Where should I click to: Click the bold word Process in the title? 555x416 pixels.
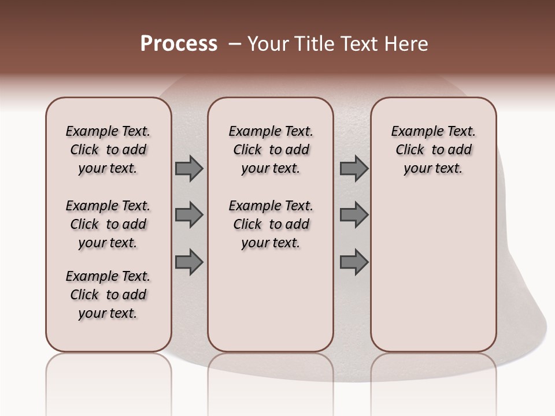[x=179, y=44]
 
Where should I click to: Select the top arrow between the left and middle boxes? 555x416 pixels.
[x=189, y=169]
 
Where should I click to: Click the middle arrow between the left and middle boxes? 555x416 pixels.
[x=189, y=215]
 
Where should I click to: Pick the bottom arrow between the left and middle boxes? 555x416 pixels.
[x=189, y=262]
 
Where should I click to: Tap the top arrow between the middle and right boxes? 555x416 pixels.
[x=354, y=169]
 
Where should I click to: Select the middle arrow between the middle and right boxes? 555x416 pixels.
[x=354, y=215]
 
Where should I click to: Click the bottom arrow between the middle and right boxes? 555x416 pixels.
[x=354, y=262]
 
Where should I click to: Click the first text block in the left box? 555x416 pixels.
[x=108, y=150]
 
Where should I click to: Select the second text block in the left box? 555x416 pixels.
[x=108, y=224]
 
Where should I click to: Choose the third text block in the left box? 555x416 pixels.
[x=108, y=295]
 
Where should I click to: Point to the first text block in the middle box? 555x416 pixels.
[x=271, y=150]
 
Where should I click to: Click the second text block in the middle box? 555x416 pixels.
[x=271, y=224]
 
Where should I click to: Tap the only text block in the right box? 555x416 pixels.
[x=433, y=150]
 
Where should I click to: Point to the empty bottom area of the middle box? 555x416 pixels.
[x=271, y=306]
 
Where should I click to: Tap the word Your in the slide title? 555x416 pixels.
[x=267, y=44]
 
